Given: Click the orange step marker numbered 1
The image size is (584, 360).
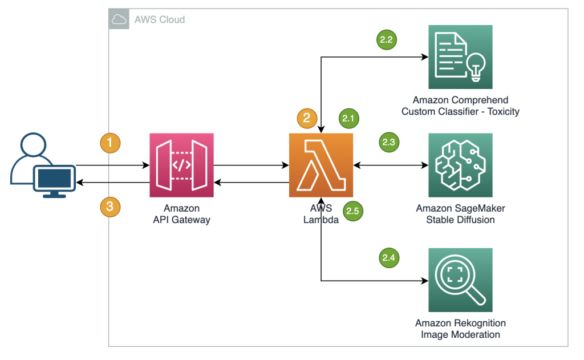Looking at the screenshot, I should point(111,143).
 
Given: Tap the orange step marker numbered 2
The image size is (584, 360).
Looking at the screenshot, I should point(307,118).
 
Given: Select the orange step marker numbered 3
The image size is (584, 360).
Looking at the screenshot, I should point(111,206).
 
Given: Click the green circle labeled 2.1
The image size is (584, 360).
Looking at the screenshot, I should point(348,119).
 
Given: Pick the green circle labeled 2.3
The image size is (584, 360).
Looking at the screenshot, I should point(389,143).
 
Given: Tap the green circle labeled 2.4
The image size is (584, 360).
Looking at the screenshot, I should point(389,258).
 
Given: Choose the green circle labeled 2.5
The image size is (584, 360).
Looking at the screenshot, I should point(352,211).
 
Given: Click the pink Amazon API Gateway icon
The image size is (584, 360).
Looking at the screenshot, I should point(181,165).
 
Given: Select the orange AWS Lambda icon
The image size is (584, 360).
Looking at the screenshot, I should point(321,165).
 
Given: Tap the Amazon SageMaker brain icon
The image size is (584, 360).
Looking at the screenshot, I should point(460,165).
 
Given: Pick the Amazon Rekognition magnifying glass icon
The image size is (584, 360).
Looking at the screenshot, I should point(460,280).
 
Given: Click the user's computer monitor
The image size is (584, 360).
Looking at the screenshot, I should point(54,179).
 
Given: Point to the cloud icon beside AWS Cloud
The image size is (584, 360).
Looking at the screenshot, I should point(120,19).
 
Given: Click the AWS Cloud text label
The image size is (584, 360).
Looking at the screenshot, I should point(160,20).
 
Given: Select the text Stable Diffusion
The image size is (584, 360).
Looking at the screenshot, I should point(460,220).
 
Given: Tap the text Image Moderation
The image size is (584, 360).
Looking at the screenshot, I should point(460,334).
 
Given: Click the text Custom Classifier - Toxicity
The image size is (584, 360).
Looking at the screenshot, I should point(460,111).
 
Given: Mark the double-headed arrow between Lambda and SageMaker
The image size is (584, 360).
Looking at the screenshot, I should point(391,165).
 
